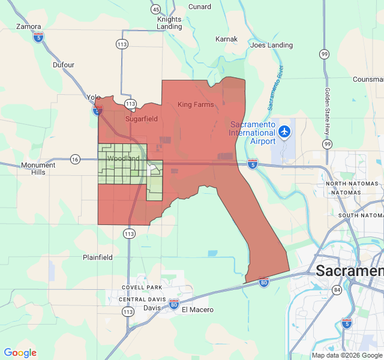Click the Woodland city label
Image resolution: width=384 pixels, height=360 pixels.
coord(123,158)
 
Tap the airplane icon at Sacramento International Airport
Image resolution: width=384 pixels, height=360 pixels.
coord(284,131)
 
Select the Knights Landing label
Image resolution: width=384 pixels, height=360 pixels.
coord(169,23)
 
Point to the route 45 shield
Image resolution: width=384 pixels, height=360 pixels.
coord(155,9)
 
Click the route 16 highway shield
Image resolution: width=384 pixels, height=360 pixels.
coord(74,159)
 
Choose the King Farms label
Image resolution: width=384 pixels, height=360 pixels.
coord(196,104)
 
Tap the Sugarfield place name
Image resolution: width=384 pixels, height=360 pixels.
coord(141,119)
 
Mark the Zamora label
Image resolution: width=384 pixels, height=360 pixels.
coord(29,26)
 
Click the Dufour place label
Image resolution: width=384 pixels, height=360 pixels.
coord(64,65)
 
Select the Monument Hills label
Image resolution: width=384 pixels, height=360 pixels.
coord(38,169)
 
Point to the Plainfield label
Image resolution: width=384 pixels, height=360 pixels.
coord(98,257)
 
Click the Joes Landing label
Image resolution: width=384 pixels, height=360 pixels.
coord(271,45)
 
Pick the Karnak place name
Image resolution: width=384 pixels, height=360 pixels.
coord(227,39)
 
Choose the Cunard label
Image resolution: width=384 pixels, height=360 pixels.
coord(200,7)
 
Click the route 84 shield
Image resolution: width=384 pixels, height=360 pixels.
coord(337,290)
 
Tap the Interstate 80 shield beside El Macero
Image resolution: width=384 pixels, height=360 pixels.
coord(173,304)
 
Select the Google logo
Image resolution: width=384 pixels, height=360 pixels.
coord(20,353)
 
